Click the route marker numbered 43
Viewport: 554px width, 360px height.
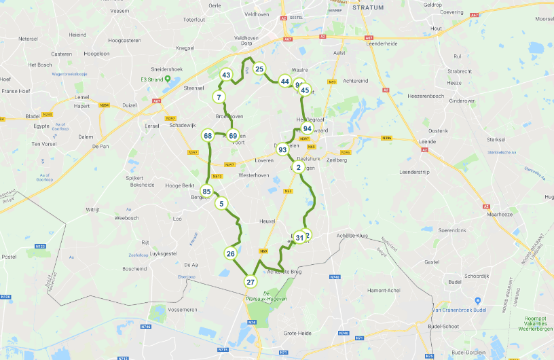[227, 75]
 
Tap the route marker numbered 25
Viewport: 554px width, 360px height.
[259, 69]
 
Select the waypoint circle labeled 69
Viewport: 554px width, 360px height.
[233, 136]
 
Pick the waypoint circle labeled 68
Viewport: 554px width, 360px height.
[208, 136]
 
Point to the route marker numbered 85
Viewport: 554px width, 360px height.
[206, 191]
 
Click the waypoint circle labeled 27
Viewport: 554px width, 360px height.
[251, 282]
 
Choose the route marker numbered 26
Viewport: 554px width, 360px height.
[230, 254]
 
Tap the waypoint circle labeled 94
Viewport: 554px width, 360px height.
[308, 128]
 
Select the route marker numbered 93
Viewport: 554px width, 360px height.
[282, 149]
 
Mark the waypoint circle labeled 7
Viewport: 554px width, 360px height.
[219, 97]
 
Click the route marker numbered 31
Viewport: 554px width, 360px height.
[299, 238]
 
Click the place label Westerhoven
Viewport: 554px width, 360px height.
[254, 175]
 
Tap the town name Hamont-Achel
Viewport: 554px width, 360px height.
[388, 290]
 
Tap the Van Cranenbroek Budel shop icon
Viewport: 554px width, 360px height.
[479, 300]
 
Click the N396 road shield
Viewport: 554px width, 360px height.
[387, 139]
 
